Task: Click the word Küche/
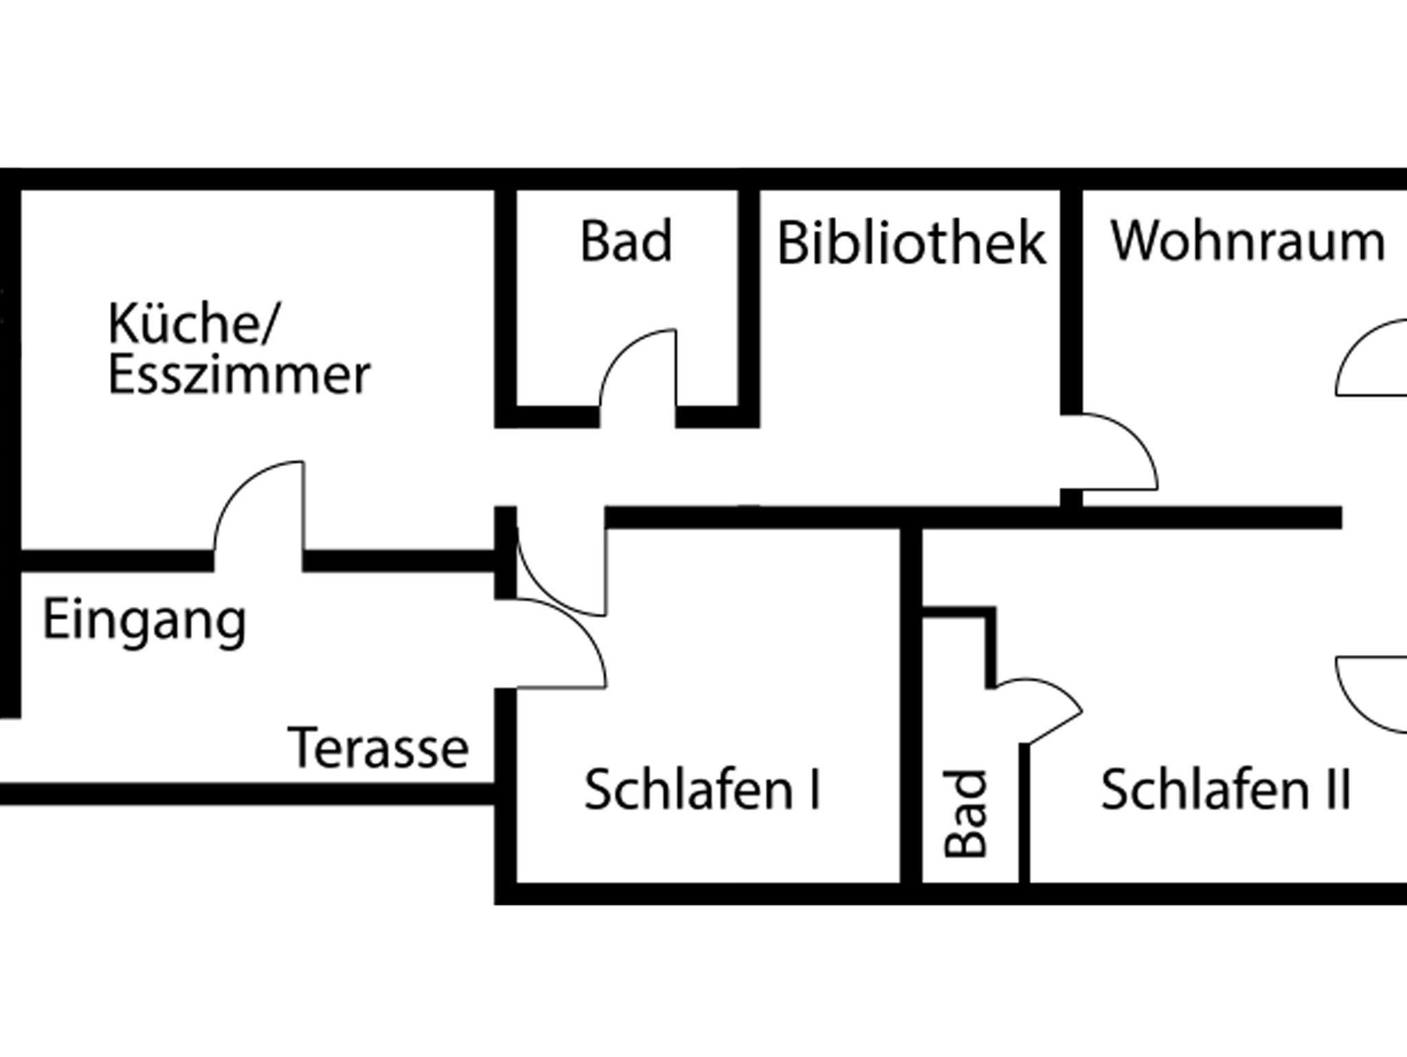point(192,324)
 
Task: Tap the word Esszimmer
point(239,375)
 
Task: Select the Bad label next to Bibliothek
point(626,241)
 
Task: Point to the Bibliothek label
point(911,243)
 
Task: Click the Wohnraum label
point(1248,242)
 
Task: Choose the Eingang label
point(144,621)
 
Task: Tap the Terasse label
point(379,748)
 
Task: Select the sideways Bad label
point(965,814)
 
